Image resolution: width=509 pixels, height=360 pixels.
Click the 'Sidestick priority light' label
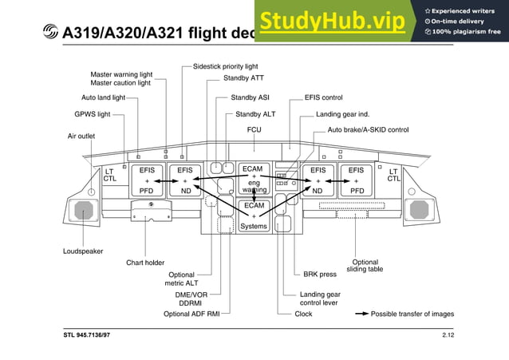click(x=226, y=66)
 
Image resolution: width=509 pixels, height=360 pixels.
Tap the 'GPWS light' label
click(x=93, y=114)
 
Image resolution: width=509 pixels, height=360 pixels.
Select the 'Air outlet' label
click(x=81, y=136)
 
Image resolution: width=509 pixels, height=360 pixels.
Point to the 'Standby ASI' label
click(x=250, y=97)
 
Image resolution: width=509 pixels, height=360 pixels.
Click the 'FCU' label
click(x=254, y=129)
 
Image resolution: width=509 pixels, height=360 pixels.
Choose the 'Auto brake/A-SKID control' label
click(x=368, y=129)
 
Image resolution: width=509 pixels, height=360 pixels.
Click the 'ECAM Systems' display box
click(x=254, y=216)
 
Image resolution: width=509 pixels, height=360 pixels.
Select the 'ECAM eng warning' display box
click(x=254, y=180)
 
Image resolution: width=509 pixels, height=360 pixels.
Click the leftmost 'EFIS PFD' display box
click(x=147, y=180)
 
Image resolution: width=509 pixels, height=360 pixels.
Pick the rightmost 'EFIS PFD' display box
click(x=356, y=180)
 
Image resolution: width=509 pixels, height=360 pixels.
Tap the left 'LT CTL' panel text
click(x=109, y=175)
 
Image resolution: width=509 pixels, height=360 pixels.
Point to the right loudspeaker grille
click(x=418, y=210)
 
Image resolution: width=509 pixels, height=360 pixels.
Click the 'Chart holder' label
click(x=145, y=263)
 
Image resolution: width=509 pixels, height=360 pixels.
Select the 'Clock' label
click(x=303, y=314)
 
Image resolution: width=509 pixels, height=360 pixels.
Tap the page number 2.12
click(x=448, y=335)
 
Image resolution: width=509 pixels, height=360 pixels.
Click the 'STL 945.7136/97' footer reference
click(x=88, y=335)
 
